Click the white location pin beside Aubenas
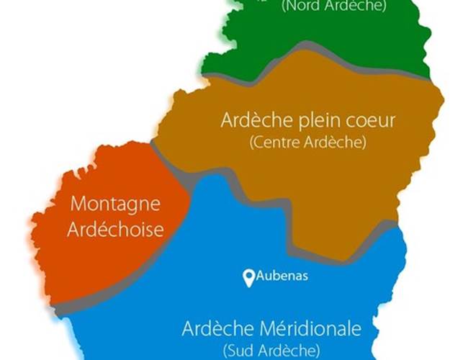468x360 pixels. pos(249,277)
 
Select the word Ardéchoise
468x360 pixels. pos(115,230)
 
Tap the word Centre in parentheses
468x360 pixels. pos(276,143)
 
